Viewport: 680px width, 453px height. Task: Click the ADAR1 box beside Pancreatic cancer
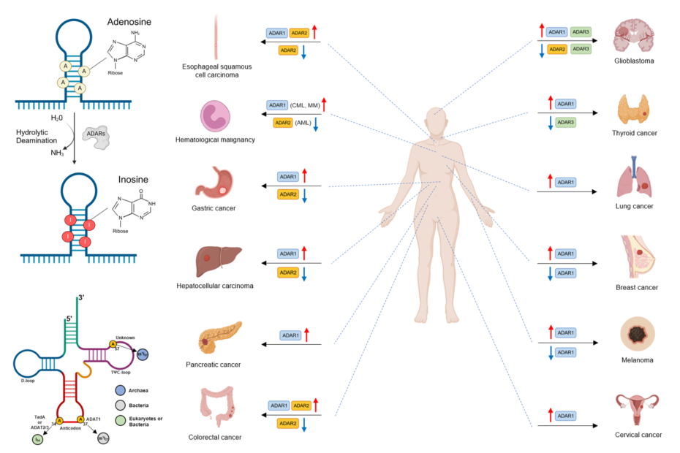[291, 335]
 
